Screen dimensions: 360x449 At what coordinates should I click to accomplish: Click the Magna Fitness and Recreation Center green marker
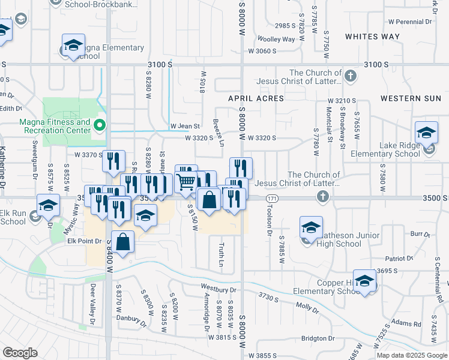100,126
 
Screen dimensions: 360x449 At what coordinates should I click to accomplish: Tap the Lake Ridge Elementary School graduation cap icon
427,133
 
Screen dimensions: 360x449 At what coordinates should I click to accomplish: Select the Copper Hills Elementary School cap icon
364,280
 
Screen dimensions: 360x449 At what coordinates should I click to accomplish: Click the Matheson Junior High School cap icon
311,227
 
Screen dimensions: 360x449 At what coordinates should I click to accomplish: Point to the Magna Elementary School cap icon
73,45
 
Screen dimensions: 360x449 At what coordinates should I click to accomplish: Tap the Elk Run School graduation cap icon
48,206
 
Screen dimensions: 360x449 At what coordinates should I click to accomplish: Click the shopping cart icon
187,179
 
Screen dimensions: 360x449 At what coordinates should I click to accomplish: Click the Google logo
20,353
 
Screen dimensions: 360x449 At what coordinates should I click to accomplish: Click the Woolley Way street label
277,39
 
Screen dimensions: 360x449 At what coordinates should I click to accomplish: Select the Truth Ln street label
220,255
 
